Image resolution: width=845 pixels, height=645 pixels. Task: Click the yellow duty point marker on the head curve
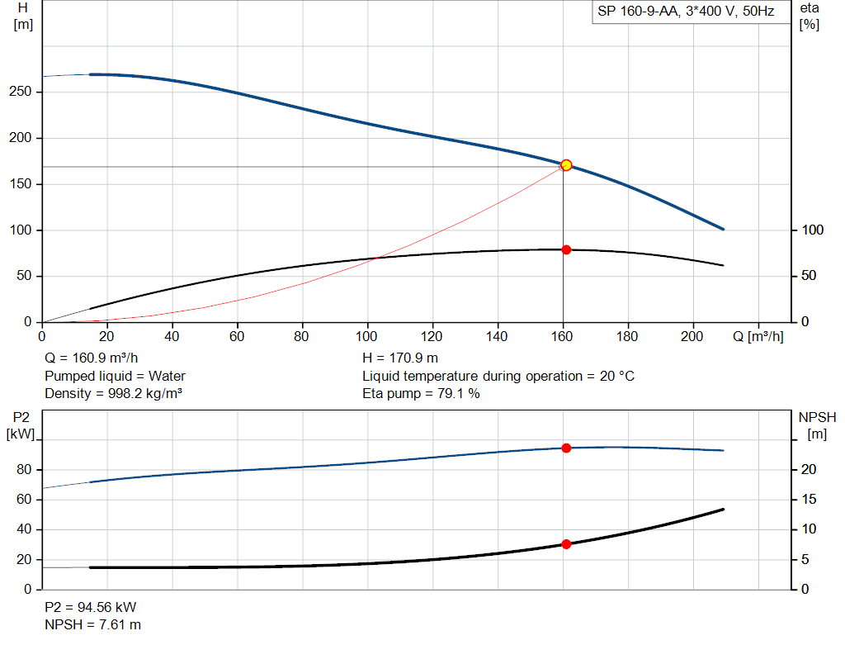(566, 165)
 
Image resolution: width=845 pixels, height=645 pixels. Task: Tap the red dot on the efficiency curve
(566, 249)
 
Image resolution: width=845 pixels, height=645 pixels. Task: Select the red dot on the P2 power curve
(566, 448)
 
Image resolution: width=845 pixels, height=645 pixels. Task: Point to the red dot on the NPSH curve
(566, 544)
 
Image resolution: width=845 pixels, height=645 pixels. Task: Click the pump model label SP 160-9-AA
(637, 12)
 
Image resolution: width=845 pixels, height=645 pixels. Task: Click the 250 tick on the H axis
(21, 92)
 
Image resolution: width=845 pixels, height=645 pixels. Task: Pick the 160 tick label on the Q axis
(562, 336)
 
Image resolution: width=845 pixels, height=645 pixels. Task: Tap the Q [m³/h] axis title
(758, 336)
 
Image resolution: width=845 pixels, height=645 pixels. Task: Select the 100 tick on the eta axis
(813, 230)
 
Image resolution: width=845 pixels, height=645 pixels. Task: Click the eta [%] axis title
(810, 17)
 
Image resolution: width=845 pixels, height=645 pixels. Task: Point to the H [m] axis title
(23, 17)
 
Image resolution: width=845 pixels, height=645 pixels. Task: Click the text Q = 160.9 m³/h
(91, 358)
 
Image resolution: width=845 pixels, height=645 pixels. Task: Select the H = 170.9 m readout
(400, 358)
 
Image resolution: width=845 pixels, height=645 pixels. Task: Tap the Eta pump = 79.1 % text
(421, 394)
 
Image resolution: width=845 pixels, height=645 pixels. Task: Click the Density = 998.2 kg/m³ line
(113, 394)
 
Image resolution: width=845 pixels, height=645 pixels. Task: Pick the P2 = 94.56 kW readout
(91, 607)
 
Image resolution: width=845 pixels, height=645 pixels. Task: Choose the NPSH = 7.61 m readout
(92, 625)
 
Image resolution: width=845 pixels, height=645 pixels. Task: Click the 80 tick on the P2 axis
(24, 470)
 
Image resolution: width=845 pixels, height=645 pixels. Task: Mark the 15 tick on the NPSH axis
(809, 500)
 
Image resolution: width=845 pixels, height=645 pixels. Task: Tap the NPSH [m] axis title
(817, 425)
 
